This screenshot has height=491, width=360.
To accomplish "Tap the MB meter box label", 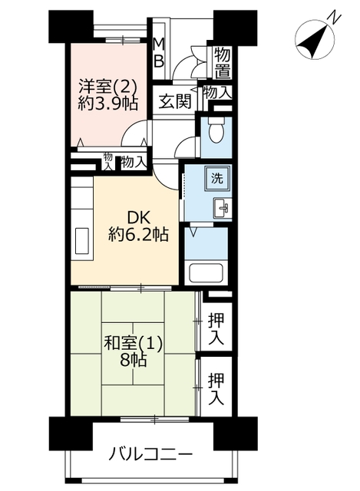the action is click(x=159, y=52).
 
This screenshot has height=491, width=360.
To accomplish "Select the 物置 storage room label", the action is click(x=222, y=63).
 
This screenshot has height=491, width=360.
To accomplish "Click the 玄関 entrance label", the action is click(x=174, y=101).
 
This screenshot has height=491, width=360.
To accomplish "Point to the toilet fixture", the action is click(x=216, y=130).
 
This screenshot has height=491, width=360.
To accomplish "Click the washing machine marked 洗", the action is click(x=216, y=178).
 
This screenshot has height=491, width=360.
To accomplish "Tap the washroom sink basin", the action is click(x=222, y=208).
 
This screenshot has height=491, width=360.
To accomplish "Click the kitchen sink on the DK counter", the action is click(x=82, y=241).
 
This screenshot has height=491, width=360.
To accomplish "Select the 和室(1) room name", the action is click(x=134, y=344).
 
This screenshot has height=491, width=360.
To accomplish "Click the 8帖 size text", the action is click(x=133, y=361).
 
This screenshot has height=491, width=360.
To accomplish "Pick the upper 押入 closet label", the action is click(x=216, y=328).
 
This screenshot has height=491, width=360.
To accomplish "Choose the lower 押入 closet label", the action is click(x=216, y=389).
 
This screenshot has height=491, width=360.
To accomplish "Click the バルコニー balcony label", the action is click(x=150, y=454).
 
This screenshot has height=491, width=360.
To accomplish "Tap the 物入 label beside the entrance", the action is click(x=217, y=93).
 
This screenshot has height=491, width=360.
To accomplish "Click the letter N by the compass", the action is click(x=335, y=18).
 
